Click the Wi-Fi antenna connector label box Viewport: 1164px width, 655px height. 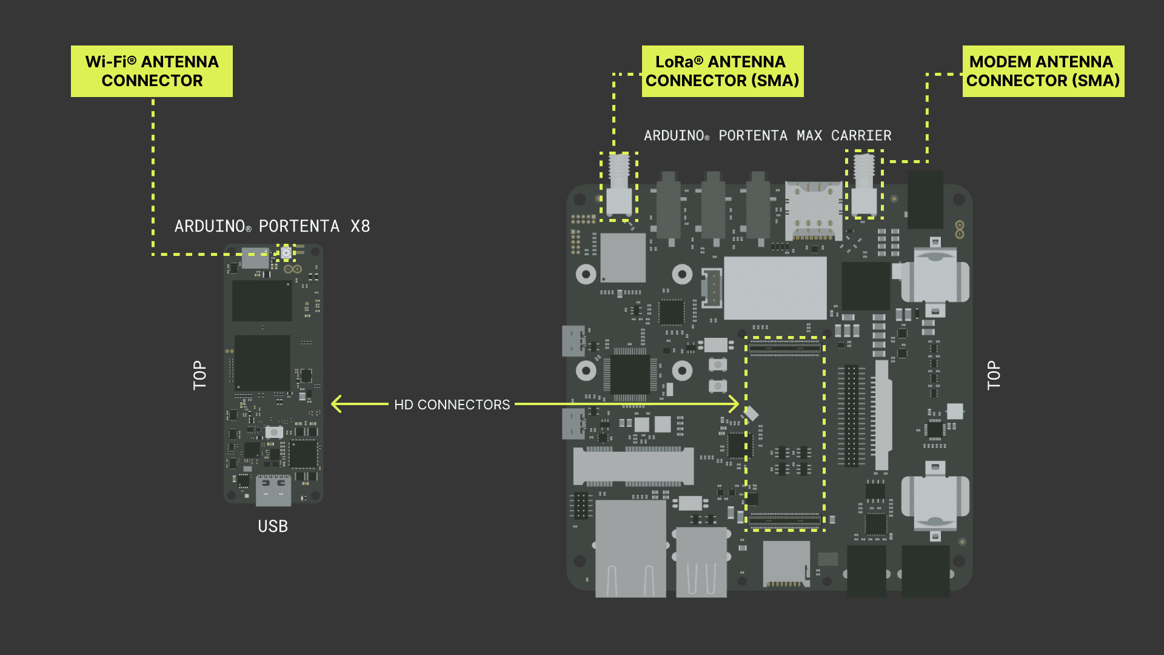point(152,71)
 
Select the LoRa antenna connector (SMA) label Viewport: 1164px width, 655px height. point(722,71)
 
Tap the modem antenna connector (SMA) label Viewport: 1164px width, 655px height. point(1043,71)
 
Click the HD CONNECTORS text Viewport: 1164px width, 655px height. point(452,405)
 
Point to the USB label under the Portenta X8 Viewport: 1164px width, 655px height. point(273,526)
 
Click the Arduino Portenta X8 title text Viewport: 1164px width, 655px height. point(272,226)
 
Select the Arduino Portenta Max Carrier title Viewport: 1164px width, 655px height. point(768,136)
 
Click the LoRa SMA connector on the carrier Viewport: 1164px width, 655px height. point(619,185)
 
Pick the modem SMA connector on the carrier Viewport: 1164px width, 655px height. point(864,185)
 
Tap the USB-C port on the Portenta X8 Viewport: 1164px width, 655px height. point(273,490)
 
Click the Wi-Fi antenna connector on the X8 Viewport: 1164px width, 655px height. point(286,252)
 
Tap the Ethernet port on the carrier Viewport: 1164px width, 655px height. point(630,549)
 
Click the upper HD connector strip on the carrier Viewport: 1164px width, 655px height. point(784,348)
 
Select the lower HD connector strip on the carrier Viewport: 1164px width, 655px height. point(784,520)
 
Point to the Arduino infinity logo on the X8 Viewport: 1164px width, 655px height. point(293,269)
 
